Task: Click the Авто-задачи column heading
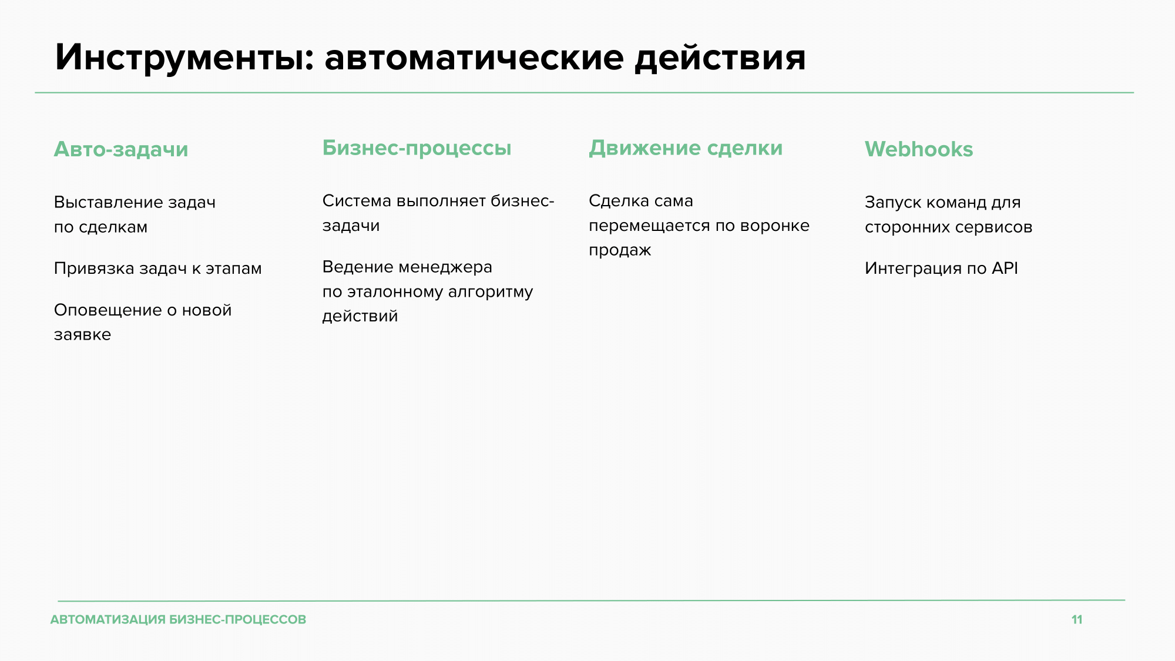tap(121, 150)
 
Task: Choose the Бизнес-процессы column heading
tap(417, 148)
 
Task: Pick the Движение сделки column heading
tap(686, 148)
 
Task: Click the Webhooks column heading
tap(919, 149)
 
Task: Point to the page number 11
tap(1077, 619)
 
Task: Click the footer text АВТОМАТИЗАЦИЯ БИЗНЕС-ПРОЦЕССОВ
tap(179, 619)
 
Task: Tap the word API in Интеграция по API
tap(1005, 268)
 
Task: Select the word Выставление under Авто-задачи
tap(108, 202)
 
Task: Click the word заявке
tap(82, 335)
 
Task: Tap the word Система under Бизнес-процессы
tap(357, 201)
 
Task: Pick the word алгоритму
tap(491, 292)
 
